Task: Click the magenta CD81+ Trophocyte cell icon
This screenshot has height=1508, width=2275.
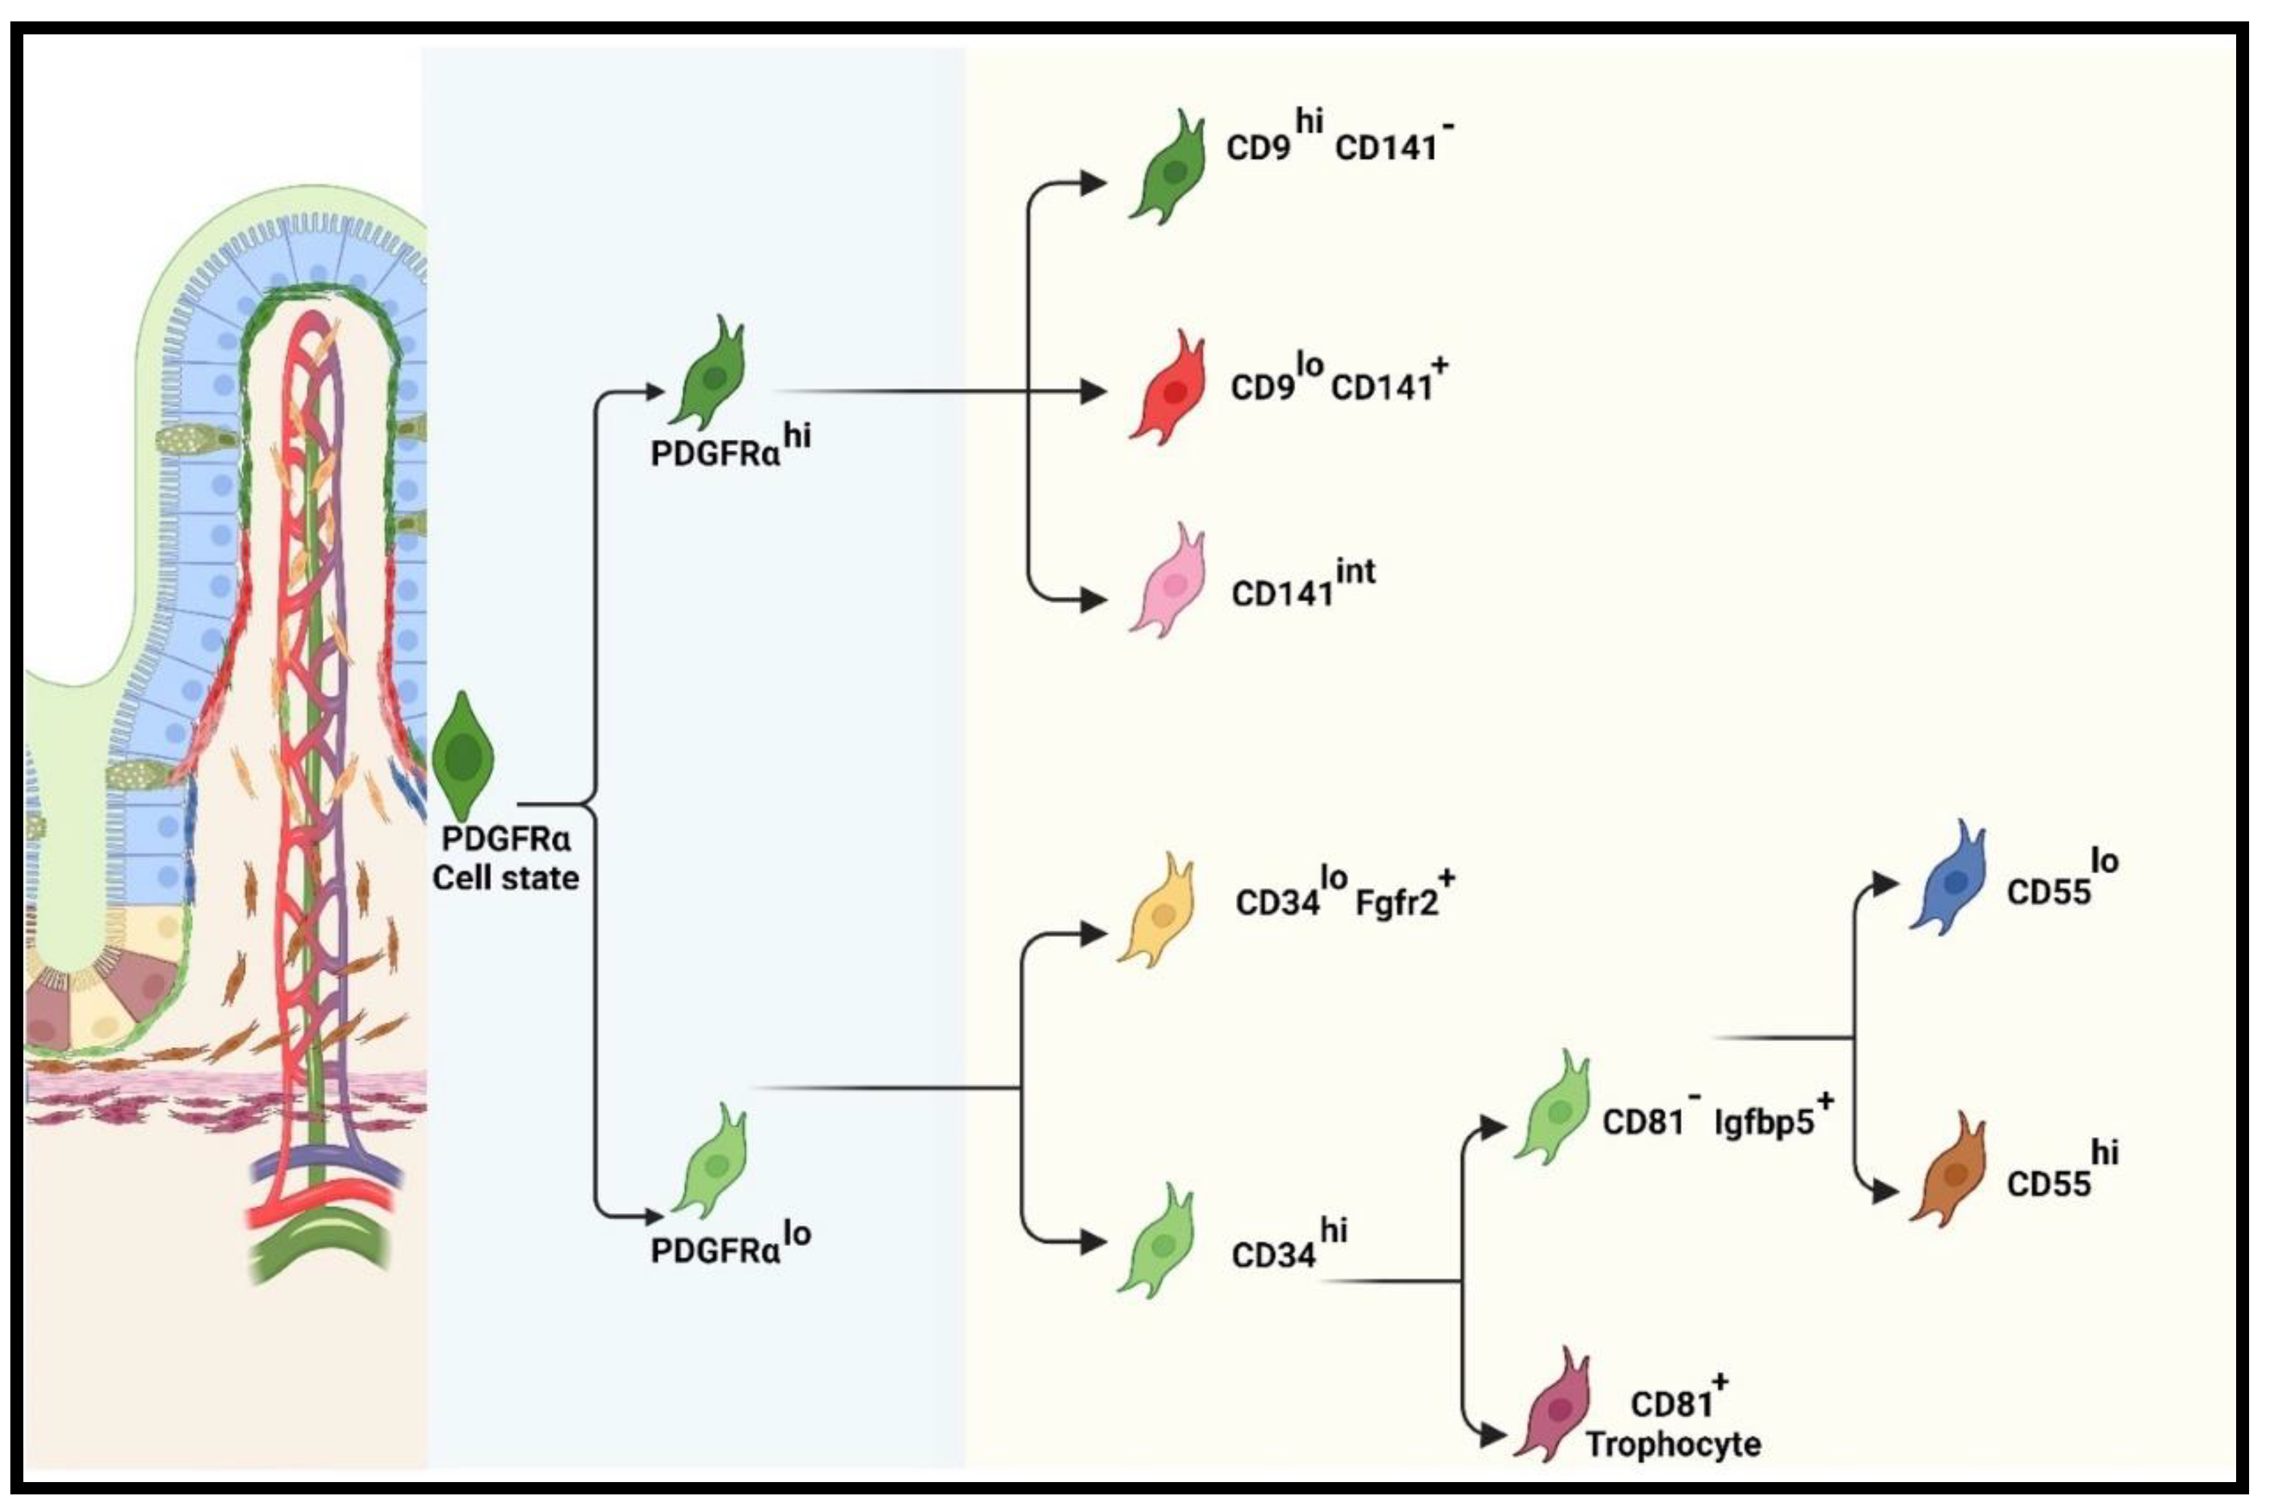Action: (1555, 1406)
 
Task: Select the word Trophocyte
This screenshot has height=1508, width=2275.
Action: (1673, 1444)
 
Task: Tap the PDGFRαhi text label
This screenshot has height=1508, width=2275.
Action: (730, 447)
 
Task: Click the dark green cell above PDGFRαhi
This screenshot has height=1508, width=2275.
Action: (712, 375)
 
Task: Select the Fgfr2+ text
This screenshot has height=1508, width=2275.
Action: (1405, 899)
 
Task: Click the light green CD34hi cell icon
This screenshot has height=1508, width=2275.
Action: (1159, 1243)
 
